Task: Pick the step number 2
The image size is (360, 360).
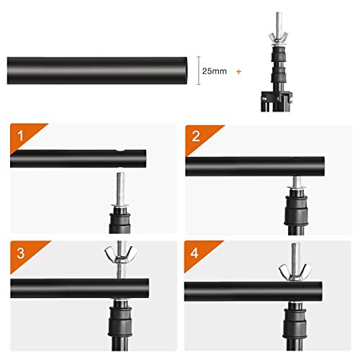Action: click(195, 135)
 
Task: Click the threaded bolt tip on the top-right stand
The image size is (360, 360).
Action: click(279, 17)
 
